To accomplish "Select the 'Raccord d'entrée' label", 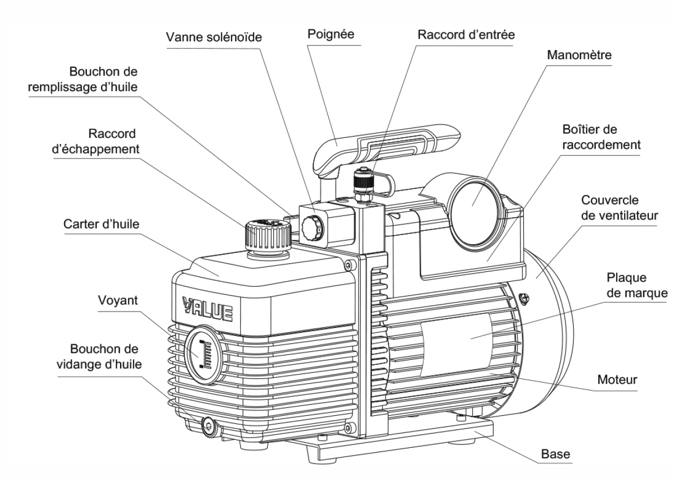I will click(x=466, y=34).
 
